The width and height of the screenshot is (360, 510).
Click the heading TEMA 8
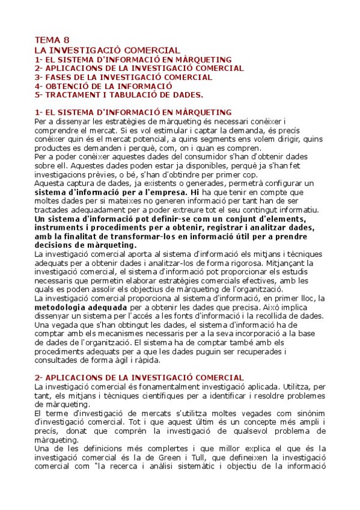52,40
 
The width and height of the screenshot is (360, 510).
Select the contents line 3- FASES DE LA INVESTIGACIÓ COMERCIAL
123,77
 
